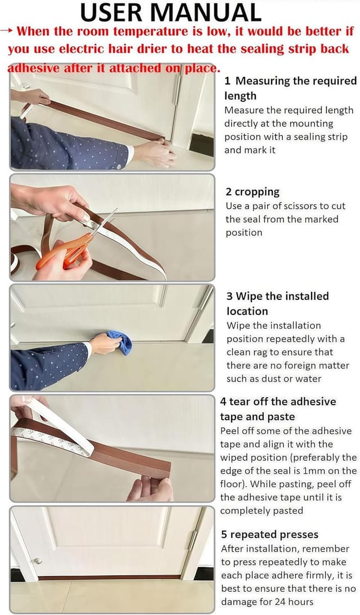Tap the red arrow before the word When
point(8,31)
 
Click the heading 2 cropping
point(253,192)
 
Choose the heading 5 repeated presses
point(269,534)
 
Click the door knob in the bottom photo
point(37,560)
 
